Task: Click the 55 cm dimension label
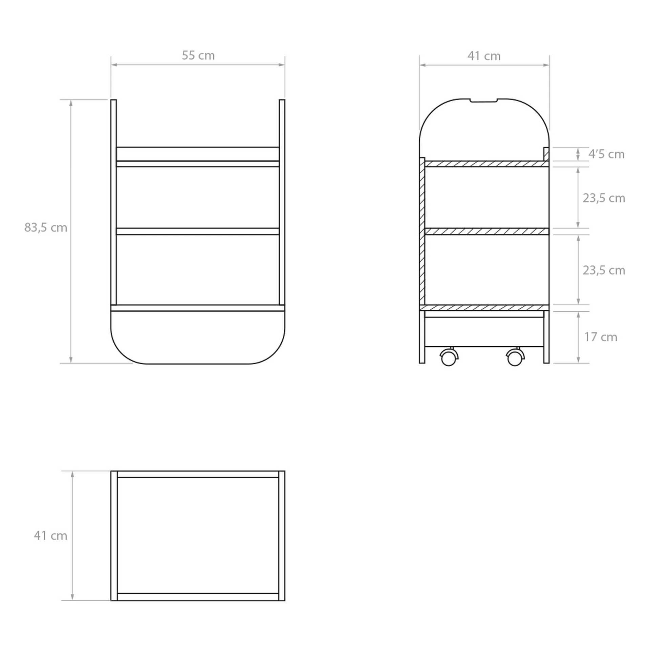click(x=198, y=56)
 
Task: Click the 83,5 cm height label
click(x=46, y=227)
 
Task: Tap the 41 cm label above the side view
click(x=484, y=56)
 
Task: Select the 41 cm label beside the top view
click(x=50, y=536)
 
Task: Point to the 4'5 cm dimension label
click(x=606, y=154)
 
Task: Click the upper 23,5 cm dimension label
click(x=604, y=198)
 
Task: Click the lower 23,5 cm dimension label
click(x=604, y=270)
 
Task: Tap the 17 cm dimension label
click(x=601, y=337)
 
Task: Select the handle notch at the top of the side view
click(x=484, y=101)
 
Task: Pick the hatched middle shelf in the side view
click(x=486, y=232)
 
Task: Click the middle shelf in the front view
click(x=197, y=232)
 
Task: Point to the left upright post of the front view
click(x=113, y=203)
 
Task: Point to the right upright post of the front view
click(x=282, y=203)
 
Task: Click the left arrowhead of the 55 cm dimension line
click(x=113, y=65)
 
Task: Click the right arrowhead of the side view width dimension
click(x=546, y=65)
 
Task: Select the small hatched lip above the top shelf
click(x=546, y=154)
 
